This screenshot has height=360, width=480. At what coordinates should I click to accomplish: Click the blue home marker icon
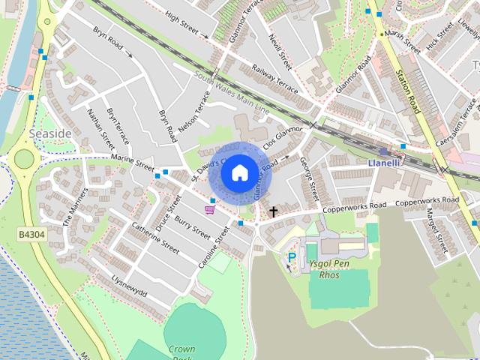tap(239, 173)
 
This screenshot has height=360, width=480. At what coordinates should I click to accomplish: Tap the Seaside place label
tap(50, 133)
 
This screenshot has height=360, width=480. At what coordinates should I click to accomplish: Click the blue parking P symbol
tap(292, 256)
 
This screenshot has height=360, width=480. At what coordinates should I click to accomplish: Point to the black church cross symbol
tap(273, 211)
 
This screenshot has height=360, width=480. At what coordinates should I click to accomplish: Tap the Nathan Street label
tap(99, 128)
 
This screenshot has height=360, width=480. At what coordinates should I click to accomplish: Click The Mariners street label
tap(76, 207)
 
